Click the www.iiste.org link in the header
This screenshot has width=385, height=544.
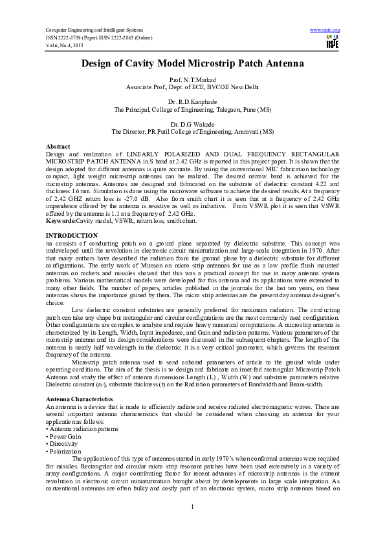pos(325,30)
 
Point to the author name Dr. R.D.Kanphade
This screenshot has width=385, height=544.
pos(192,102)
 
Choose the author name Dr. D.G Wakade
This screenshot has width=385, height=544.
pos(192,123)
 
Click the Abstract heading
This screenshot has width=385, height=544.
pos(58,147)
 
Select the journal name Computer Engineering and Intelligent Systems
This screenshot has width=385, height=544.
pos(94,30)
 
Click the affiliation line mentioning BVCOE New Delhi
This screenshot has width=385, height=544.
pos(192,86)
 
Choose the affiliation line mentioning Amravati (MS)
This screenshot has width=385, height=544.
pos(192,131)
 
